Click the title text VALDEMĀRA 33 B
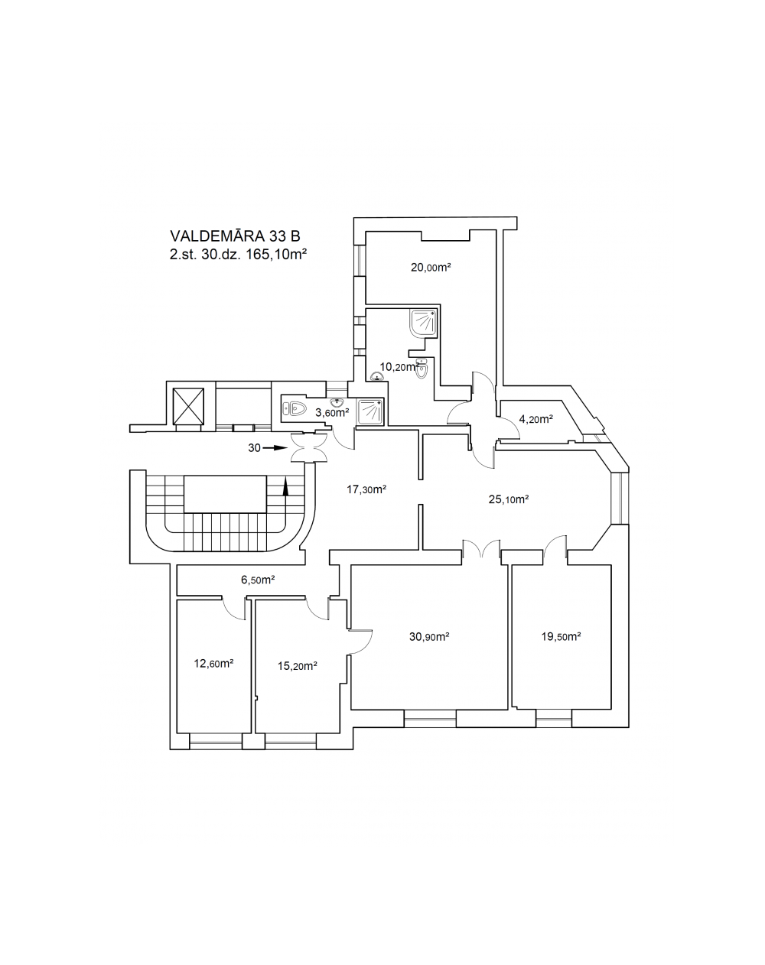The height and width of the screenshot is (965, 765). (x=235, y=236)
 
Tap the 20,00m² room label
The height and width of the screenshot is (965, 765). (x=431, y=268)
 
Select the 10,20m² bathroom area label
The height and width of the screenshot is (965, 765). (x=399, y=367)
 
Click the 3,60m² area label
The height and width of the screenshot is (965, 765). (x=332, y=413)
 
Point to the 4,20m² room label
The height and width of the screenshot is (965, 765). (x=535, y=419)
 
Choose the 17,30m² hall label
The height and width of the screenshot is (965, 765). (x=366, y=489)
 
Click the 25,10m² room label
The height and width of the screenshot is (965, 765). (x=509, y=499)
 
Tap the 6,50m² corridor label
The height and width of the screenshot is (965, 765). (x=258, y=580)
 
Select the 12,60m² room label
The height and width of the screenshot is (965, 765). (x=213, y=663)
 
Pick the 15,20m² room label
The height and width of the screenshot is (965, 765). (x=298, y=666)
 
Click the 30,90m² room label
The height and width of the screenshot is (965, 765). (x=429, y=636)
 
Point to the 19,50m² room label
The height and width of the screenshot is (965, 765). (x=561, y=636)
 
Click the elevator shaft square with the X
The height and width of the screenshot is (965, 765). (x=188, y=406)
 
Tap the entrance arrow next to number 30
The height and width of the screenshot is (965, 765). (x=275, y=447)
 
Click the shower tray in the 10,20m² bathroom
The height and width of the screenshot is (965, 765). (x=423, y=323)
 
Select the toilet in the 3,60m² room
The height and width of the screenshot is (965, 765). (x=294, y=409)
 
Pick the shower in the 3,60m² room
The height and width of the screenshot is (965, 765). (x=370, y=411)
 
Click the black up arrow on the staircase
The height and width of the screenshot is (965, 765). (x=285, y=486)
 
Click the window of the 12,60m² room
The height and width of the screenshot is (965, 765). (x=216, y=741)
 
